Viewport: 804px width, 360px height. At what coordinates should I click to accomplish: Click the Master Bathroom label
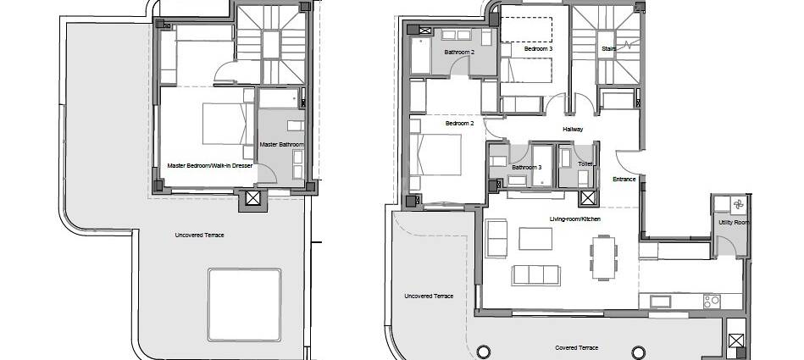click(x=281, y=145)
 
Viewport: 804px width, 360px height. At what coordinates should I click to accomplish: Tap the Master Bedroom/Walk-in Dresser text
click(x=210, y=166)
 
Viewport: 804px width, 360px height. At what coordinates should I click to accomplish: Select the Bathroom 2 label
click(x=457, y=52)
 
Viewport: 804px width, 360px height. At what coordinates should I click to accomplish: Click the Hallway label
click(x=573, y=130)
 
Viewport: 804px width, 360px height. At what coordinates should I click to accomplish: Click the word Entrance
click(x=624, y=179)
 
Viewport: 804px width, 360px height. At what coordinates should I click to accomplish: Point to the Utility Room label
click(x=734, y=223)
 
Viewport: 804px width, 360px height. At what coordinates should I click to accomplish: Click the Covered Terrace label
click(x=576, y=347)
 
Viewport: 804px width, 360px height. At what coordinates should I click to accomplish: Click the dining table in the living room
click(x=603, y=258)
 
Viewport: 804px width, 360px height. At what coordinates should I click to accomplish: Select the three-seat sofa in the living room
click(x=535, y=275)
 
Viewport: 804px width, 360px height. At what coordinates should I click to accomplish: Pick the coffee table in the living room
click(x=535, y=239)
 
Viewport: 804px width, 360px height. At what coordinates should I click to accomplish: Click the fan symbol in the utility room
click(x=739, y=205)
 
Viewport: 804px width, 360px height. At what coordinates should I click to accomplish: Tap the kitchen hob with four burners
click(x=712, y=301)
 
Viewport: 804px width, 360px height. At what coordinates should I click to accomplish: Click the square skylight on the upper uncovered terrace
click(x=244, y=305)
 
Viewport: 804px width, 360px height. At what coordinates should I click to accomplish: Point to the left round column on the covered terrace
click(x=483, y=352)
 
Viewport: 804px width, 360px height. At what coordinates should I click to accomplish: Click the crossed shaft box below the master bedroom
click(x=252, y=198)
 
